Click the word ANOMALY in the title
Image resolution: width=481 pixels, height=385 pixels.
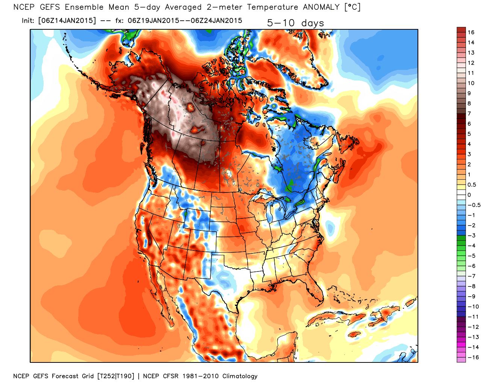[321, 7]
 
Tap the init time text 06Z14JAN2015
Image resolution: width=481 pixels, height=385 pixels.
[67, 21]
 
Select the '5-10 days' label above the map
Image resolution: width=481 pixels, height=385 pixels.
[295, 23]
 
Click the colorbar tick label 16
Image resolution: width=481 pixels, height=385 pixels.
[471, 32]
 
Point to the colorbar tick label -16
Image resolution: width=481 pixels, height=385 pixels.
[473, 357]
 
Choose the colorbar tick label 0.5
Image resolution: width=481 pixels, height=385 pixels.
[472, 185]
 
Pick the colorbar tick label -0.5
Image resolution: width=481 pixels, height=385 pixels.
[474, 205]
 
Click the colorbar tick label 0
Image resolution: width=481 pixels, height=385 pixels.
[469, 195]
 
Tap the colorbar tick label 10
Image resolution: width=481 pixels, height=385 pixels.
[471, 83]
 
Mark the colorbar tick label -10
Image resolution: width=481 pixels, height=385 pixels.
[473, 306]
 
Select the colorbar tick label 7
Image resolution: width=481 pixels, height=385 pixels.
[469, 114]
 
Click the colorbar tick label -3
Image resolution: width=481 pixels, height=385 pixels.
[471, 235]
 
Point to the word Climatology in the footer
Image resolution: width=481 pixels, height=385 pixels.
[240, 376]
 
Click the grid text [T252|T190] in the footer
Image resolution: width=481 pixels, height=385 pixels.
[116, 376]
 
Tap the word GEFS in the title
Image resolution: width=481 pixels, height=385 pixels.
[50, 7]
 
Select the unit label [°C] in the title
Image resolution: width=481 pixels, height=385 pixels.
[352, 7]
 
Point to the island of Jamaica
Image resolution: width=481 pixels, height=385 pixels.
[354, 335]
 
